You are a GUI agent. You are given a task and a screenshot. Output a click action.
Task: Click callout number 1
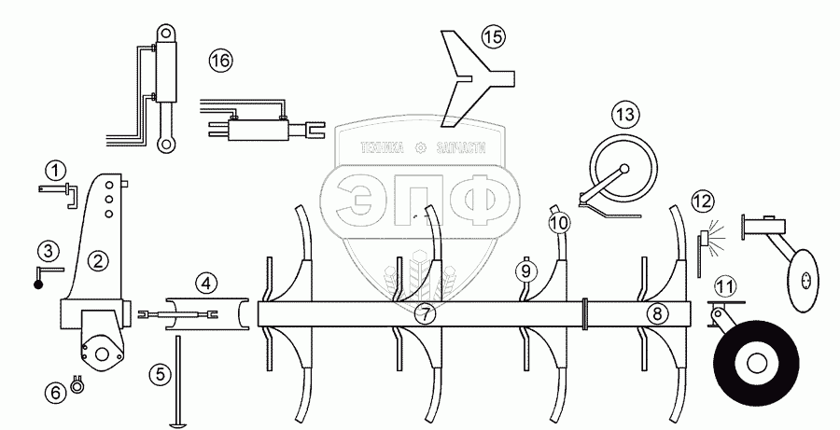tap(57, 170)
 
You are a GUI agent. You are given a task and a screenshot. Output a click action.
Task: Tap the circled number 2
tap(95, 259)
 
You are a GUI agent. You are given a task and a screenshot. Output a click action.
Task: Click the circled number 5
tap(161, 375)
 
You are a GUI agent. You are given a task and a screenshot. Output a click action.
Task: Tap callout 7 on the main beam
tap(426, 314)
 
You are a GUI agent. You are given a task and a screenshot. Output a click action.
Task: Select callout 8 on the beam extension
tap(657, 314)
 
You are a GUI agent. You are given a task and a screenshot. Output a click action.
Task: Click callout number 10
tap(558, 223)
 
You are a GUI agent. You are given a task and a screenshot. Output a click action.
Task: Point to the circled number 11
tap(724, 286)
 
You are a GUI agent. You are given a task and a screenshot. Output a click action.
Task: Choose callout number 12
tap(702, 201)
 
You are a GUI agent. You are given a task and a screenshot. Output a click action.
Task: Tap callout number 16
tap(220, 62)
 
